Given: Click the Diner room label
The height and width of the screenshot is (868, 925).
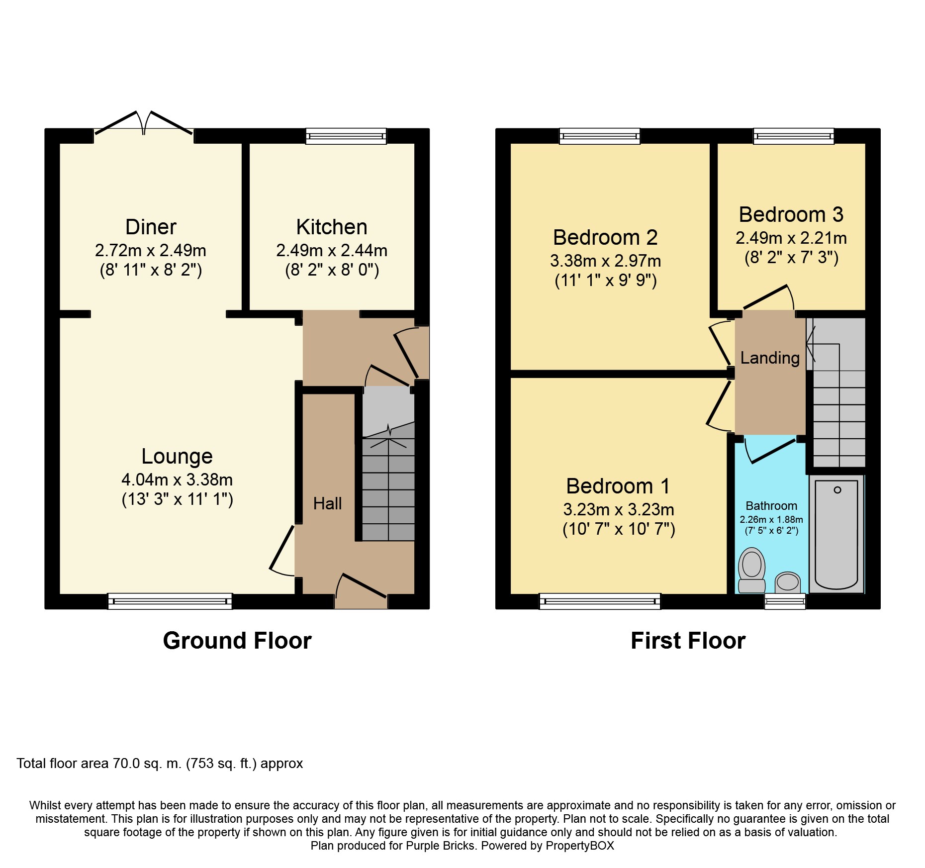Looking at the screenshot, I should (x=151, y=227).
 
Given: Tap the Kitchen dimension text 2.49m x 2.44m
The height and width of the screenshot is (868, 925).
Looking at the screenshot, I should (x=332, y=250).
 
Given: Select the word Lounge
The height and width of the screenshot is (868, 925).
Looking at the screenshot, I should (x=177, y=456).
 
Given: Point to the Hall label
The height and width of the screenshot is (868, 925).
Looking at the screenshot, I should (x=327, y=503).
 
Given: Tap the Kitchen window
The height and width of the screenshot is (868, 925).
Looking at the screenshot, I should (x=346, y=136).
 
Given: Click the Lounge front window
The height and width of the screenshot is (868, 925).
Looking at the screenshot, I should (x=170, y=601).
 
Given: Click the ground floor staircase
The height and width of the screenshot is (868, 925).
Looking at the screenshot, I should (x=388, y=487).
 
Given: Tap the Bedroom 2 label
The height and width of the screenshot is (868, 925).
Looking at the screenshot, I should (x=605, y=237).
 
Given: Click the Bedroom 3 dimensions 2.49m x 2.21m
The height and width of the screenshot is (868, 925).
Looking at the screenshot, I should (x=791, y=238).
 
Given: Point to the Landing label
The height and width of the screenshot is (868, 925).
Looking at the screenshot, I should (x=770, y=358).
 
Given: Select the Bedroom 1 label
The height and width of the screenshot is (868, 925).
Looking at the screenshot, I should (x=618, y=486).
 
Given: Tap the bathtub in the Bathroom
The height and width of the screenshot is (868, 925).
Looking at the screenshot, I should (x=836, y=535).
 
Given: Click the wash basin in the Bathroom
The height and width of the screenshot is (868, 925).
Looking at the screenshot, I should (x=787, y=582).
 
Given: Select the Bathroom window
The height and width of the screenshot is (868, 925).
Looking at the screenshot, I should (x=785, y=601).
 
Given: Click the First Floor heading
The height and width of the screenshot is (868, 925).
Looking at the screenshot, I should (x=688, y=641).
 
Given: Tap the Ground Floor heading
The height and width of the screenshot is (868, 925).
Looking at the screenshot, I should (x=237, y=641).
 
